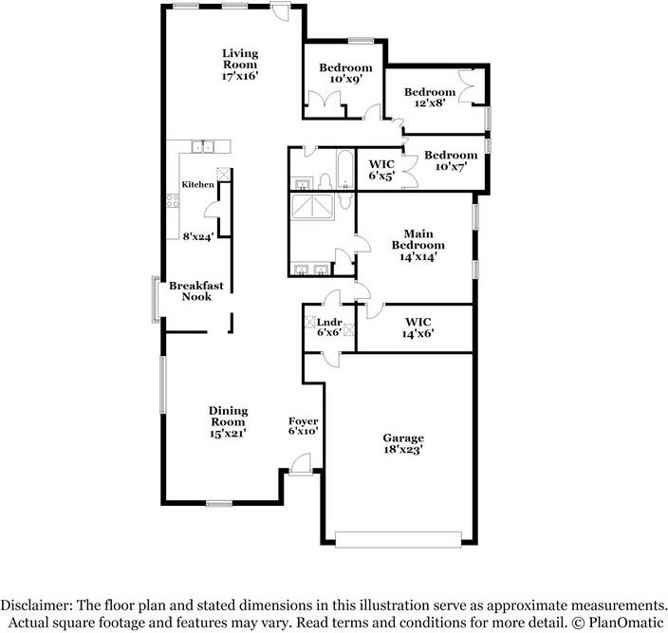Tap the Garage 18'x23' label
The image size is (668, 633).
pos(403,443)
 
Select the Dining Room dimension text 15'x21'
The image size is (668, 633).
pos(228,433)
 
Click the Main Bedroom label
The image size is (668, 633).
pos(418,239)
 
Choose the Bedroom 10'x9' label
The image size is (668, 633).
pos(344,74)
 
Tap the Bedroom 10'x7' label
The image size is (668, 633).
pos(451,161)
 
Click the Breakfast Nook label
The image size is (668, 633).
pos(197,290)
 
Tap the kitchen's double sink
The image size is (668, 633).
pos(204,146)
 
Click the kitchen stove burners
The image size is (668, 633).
pos(174,200)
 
